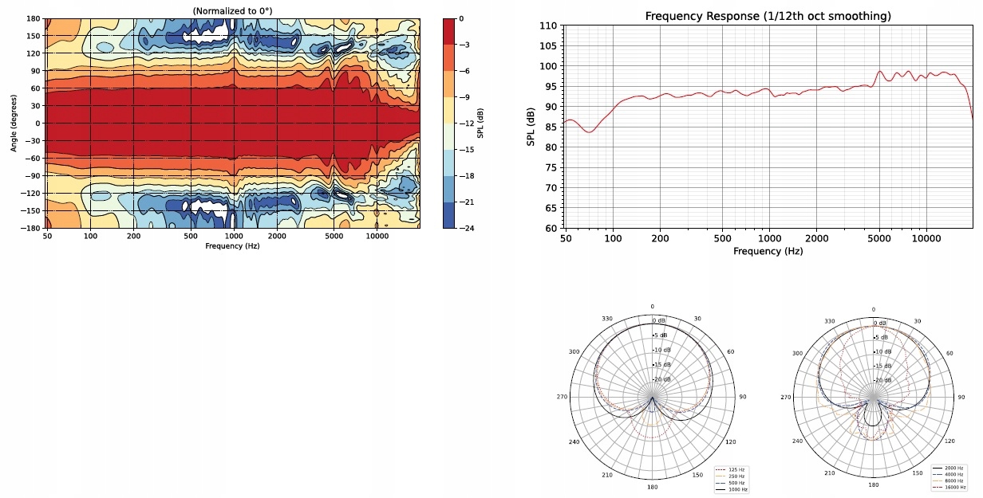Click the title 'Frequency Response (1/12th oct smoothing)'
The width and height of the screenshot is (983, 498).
coord(768,16)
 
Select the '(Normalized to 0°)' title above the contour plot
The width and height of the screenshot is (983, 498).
coord(232,10)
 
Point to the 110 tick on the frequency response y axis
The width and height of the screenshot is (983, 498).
coord(549,26)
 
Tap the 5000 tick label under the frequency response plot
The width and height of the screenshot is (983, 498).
coord(879,238)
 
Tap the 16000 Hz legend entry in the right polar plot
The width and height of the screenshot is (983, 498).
coord(953,487)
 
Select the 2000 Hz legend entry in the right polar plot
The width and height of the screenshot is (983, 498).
coord(953,469)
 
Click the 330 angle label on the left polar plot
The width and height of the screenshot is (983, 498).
coord(607,320)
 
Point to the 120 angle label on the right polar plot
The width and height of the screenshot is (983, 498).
coord(949,441)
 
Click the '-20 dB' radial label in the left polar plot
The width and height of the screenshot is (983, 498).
coord(661,380)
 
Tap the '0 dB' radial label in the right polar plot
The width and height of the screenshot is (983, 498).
coord(881,323)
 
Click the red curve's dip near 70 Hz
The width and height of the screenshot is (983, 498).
coord(589,131)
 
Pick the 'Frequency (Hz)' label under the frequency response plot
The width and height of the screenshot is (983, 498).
coord(768,252)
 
